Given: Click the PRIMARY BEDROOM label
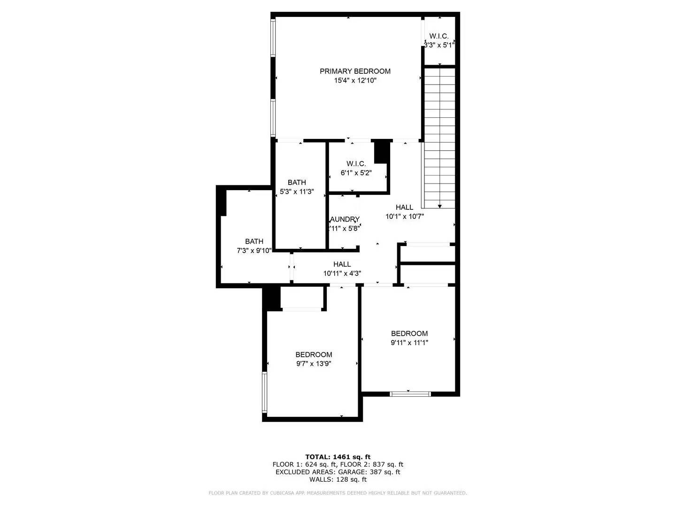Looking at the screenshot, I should pyautogui.click(x=355, y=71).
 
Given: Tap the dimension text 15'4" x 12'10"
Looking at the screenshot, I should pyautogui.click(x=355, y=81).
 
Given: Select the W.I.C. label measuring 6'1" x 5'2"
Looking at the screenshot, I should pyautogui.click(x=356, y=164).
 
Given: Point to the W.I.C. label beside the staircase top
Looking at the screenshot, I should pyautogui.click(x=439, y=36).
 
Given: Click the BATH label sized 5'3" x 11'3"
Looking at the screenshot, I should pyautogui.click(x=297, y=183).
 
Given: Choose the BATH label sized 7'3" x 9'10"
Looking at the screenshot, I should pyautogui.click(x=254, y=242).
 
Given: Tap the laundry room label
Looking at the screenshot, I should pyautogui.click(x=345, y=219).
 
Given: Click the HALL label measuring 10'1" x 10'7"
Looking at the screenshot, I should pyautogui.click(x=404, y=207).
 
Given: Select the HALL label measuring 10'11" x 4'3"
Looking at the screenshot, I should pyautogui.click(x=342, y=264).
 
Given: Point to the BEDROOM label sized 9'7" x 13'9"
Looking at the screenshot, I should pyautogui.click(x=314, y=355).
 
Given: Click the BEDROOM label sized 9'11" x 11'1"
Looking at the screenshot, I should pyautogui.click(x=409, y=334).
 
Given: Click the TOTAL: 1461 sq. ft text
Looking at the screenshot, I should pyautogui.click(x=338, y=457).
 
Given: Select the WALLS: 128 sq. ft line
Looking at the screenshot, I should pyautogui.click(x=338, y=479).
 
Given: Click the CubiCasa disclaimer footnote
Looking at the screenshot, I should pyautogui.click(x=338, y=493).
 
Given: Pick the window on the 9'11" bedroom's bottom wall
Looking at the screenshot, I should pyautogui.click(x=410, y=394).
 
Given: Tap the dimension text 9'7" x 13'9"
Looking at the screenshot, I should pyautogui.click(x=314, y=364).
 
